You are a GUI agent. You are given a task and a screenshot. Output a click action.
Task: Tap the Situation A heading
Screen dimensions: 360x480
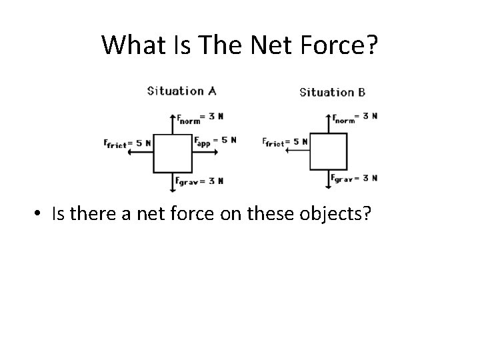(x=181, y=91)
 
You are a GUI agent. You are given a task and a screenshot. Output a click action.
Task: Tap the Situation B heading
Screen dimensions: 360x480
(x=332, y=92)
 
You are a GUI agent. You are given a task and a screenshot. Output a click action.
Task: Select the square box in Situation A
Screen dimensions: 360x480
(x=173, y=153)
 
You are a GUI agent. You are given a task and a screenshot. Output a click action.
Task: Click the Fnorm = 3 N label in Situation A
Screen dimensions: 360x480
(x=199, y=116)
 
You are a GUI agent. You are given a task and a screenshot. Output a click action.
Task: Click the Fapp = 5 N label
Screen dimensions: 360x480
(x=215, y=141)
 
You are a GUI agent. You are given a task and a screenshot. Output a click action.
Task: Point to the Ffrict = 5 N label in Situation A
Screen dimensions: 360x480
(x=127, y=142)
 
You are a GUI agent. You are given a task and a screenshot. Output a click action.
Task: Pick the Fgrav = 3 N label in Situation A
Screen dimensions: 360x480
(x=199, y=181)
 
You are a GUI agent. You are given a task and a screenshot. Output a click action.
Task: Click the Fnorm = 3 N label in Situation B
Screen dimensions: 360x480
(x=356, y=116)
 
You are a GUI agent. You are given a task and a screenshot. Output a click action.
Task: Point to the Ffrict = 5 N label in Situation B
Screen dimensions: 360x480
(x=285, y=142)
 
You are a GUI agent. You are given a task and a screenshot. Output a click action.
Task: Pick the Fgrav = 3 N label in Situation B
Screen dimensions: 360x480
(x=355, y=178)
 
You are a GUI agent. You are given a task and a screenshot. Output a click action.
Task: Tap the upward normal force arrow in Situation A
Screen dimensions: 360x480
(x=173, y=124)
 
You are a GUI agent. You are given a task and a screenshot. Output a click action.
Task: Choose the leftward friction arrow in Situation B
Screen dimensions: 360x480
(x=296, y=151)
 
